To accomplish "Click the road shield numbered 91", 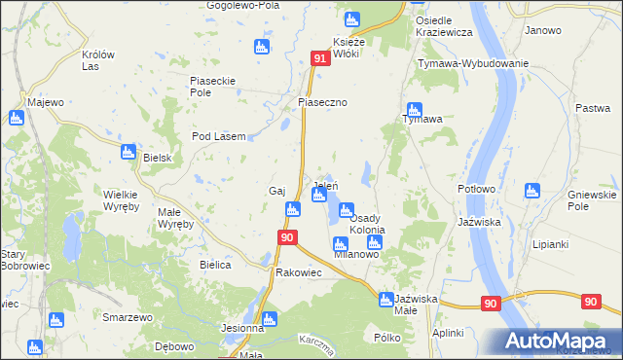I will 321,60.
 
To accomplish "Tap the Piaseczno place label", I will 323,102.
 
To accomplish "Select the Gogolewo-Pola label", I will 241,5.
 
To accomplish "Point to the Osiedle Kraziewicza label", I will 444,26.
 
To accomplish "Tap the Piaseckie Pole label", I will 214,87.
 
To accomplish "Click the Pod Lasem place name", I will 218,137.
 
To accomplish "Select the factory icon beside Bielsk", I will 128,151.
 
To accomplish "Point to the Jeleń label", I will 325,185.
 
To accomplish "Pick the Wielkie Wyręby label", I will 121,200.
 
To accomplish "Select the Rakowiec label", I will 299,272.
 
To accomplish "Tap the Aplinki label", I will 448,333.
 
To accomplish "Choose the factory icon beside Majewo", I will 16,118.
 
